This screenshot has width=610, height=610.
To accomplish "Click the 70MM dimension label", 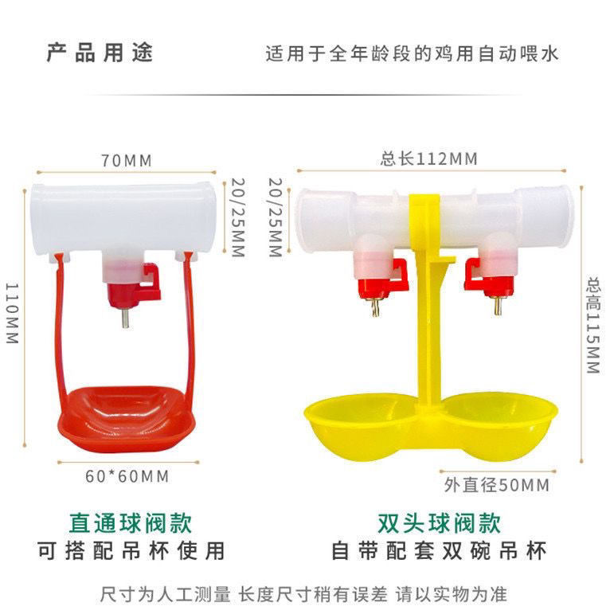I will (126, 160).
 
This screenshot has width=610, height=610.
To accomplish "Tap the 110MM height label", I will (11, 313).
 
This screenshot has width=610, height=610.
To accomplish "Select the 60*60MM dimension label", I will (127, 476).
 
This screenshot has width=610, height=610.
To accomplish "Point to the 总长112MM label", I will (429, 159).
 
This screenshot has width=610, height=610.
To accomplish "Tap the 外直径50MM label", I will (496, 483).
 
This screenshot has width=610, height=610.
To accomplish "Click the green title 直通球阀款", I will (130, 523).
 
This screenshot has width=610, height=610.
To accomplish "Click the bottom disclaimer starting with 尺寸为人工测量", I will (303, 593).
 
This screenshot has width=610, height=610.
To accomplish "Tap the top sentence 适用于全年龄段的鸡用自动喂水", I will (412, 54).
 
